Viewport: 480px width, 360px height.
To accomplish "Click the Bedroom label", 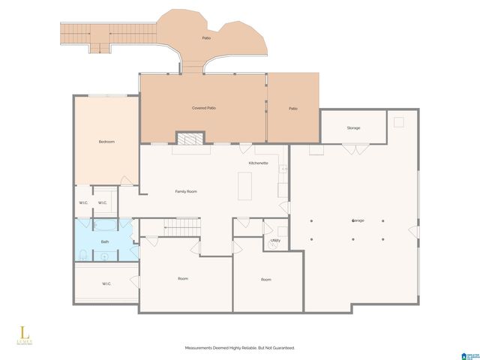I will click(106, 142).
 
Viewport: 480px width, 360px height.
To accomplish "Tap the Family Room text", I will click(186, 191).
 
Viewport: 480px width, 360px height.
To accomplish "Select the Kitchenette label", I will click(259, 163).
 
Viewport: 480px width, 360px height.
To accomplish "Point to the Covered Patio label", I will click(204, 109).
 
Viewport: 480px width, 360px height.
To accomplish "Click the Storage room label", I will click(353, 127).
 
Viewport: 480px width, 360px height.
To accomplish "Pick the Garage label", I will click(358, 220).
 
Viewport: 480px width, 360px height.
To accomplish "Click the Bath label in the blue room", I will click(105, 241).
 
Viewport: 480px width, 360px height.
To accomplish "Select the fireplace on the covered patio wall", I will click(188, 138).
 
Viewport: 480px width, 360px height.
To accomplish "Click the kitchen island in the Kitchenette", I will click(244, 186).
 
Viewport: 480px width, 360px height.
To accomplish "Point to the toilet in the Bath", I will click(81, 256).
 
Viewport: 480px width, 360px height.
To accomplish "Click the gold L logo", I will click(23, 330).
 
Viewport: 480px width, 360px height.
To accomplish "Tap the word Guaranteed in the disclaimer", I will click(282, 348).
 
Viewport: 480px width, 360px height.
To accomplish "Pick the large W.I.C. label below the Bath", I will click(106, 283).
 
